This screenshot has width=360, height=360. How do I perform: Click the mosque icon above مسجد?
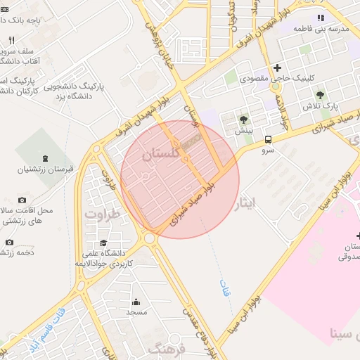coord(136,302)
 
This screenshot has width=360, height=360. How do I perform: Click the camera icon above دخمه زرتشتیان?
coord(9,243)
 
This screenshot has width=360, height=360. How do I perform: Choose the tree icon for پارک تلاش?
coord(321,95)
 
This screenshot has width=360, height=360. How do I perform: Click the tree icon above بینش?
coord(243,120)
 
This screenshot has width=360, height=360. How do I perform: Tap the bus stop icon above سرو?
coord(268,139)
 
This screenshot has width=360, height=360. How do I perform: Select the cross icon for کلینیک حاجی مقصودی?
coord(278,68)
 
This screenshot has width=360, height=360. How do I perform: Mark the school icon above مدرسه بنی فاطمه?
coord(321,18)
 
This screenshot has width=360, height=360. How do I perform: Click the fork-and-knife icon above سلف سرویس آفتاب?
coord(11,40)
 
